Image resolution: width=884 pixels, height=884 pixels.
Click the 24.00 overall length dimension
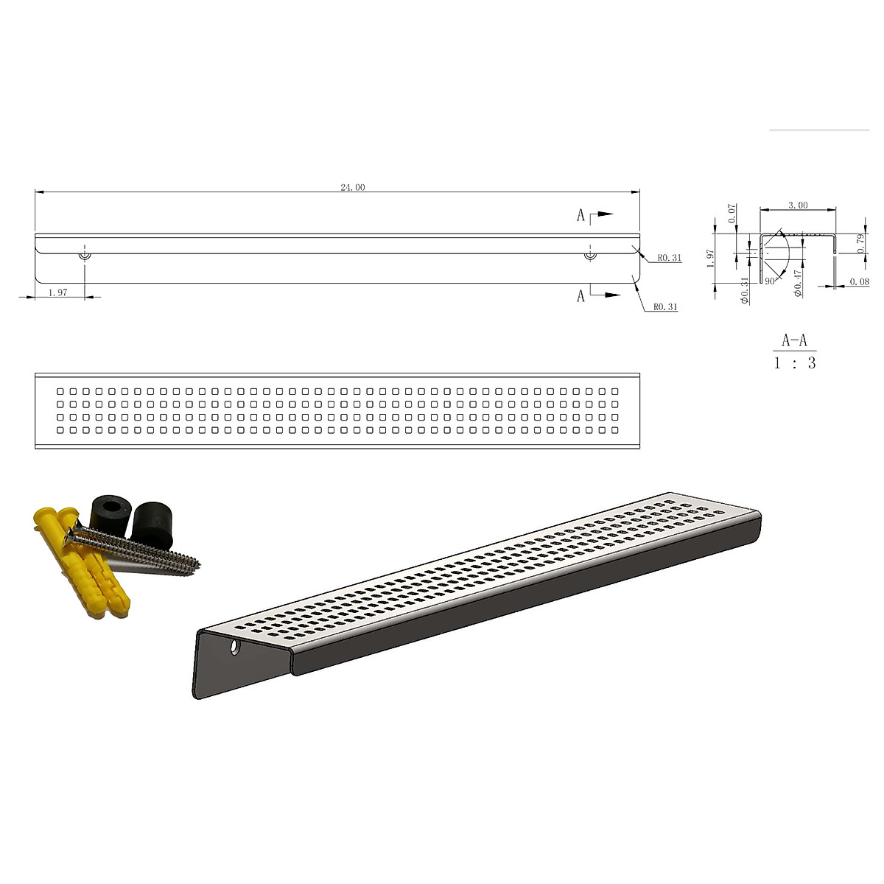click(x=352, y=187)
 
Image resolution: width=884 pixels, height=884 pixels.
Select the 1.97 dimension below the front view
click(x=58, y=292)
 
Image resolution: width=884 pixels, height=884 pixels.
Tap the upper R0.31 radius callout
click(x=670, y=258)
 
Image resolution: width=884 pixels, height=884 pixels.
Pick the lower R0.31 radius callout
click(x=665, y=307)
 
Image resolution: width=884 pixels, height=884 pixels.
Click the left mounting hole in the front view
click(x=85, y=255)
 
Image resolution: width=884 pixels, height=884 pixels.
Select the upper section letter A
click(x=580, y=215)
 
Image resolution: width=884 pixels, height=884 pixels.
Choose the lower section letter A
click(x=580, y=296)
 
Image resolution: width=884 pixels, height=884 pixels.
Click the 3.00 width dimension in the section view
click(x=798, y=205)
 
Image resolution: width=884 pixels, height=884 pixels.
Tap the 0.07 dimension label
click(x=732, y=214)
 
